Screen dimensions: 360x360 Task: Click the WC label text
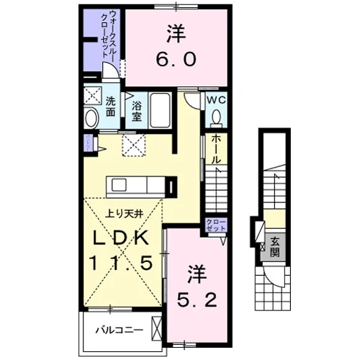(x=216, y=100)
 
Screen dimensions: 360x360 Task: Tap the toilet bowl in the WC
(x=217, y=117)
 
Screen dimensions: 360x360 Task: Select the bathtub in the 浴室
(x=160, y=110)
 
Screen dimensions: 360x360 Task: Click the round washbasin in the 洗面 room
(x=91, y=118)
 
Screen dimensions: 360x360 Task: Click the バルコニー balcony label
(x=120, y=330)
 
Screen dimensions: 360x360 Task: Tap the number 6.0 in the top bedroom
(x=176, y=60)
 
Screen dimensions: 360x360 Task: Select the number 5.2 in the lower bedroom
(x=197, y=300)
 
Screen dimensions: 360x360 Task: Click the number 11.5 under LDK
(x=121, y=262)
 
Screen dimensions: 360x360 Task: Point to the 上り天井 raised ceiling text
(x=125, y=214)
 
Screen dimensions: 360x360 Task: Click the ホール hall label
(x=216, y=149)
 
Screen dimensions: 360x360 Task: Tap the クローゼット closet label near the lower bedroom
(x=216, y=225)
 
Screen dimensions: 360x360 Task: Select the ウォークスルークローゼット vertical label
(x=107, y=33)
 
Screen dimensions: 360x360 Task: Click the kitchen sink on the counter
(x=119, y=185)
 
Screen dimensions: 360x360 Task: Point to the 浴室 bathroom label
(x=136, y=111)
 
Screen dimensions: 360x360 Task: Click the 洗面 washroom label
(x=111, y=107)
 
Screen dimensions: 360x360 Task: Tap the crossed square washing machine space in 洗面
(x=93, y=96)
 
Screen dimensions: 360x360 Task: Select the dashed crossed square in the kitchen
(x=134, y=145)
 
